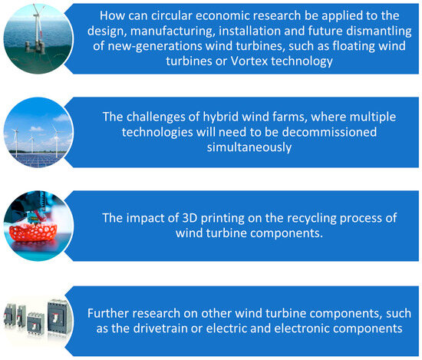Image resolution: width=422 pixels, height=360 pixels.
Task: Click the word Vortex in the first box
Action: click(249, 61)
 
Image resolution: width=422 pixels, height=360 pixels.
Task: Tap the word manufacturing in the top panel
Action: click(173, 31)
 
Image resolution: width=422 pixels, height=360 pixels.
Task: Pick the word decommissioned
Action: click(329, 132)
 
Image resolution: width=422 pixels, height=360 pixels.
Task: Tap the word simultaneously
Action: click(249, 147)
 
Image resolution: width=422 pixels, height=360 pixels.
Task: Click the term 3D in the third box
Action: click(190, 218)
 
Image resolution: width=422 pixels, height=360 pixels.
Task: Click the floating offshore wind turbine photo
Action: click(38, 38)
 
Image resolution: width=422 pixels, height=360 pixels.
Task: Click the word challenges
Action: click(163, 117)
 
